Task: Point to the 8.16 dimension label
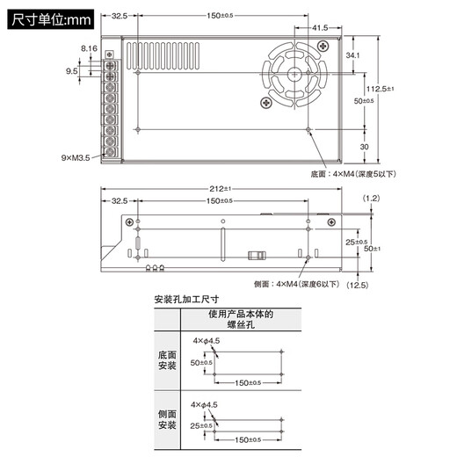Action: pos(89,47)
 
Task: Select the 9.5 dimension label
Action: pos(71,70)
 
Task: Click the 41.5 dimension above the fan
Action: pos(321,28)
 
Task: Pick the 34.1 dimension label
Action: pos(352,55)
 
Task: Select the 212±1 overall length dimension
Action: pos(220,190)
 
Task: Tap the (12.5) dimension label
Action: pos(357,285)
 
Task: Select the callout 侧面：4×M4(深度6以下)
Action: pos(295,284)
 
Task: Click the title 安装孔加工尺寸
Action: pos(185,299)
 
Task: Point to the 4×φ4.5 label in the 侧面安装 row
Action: pos(205,405)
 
